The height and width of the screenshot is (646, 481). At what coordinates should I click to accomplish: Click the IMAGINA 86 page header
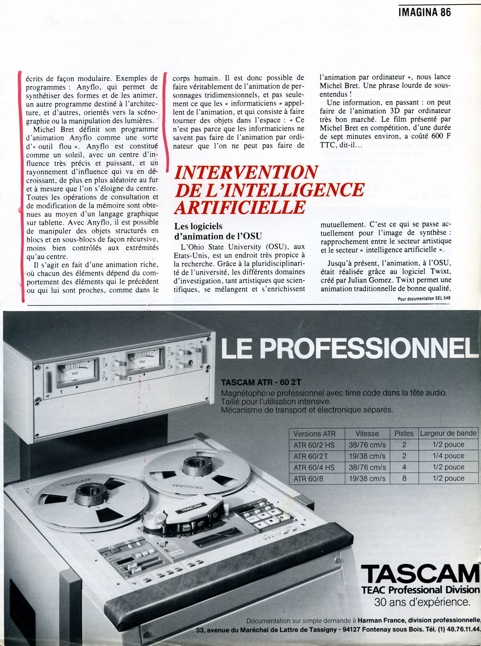coord(425,13)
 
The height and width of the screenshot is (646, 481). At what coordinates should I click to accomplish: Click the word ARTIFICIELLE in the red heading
coord(240,207)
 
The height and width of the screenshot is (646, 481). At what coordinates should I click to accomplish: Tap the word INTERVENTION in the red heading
coord(246,172)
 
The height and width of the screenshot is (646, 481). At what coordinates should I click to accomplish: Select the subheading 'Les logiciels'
coord(198,226)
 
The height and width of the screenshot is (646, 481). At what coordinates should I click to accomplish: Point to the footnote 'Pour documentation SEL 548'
coord(423,299)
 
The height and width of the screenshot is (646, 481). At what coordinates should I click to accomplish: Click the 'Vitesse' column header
coord(367,433)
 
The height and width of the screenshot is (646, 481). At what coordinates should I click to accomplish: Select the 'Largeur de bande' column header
coord(448,433)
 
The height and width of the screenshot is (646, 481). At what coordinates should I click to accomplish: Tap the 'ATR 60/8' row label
coord(308,478)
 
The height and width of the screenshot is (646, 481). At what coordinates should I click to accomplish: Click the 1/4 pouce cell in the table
coord(448,456)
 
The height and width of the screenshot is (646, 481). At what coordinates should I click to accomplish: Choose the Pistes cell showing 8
coord(404,478)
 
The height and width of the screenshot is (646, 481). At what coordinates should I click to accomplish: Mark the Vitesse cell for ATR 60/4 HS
coord(367,467)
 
